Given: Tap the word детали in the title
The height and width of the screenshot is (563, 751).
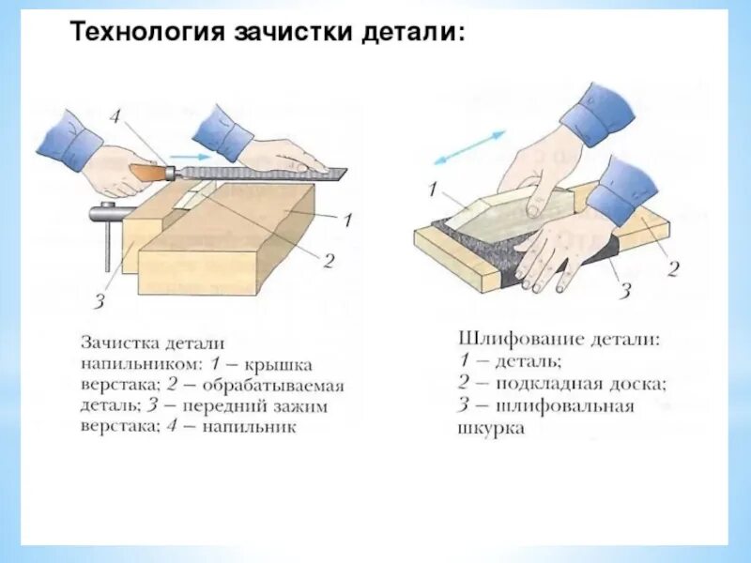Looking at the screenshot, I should point(411,33).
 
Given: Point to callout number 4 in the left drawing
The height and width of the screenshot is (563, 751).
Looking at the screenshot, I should point(115,119).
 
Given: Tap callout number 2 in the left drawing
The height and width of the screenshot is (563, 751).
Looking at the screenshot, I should point(328,262).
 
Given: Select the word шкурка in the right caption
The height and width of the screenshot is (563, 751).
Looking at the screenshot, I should point(492,428).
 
